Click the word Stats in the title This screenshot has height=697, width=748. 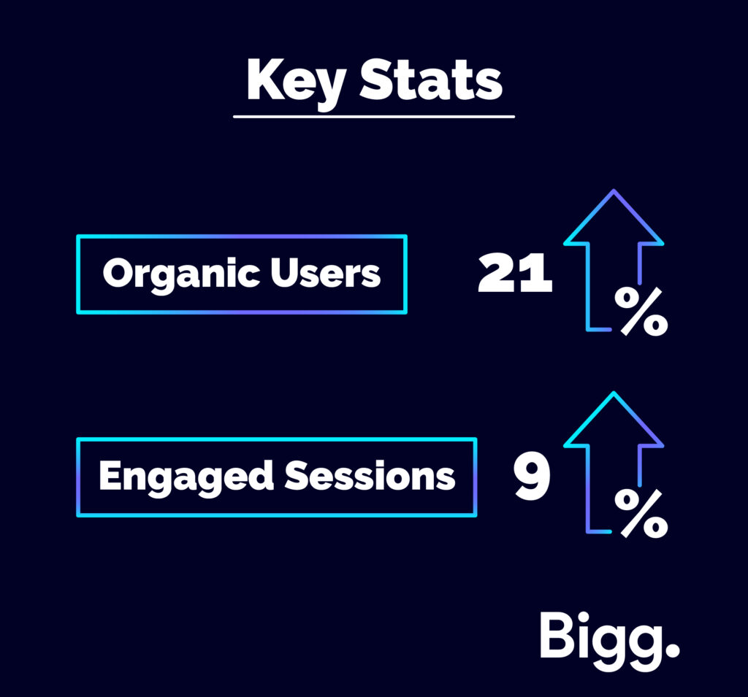pos(431,80)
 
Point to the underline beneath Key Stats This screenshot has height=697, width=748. pos(374,116)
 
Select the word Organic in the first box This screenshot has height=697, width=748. pos(182,274)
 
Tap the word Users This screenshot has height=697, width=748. pos(325,273)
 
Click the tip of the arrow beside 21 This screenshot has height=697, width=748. pos(614,190)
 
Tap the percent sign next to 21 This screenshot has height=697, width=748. pos(641,312)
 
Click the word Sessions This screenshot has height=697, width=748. pos(370,476)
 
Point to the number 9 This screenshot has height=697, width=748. pos(532,476)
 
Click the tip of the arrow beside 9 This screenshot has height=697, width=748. pos(614,393)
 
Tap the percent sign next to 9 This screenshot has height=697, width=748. pos(641,514)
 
